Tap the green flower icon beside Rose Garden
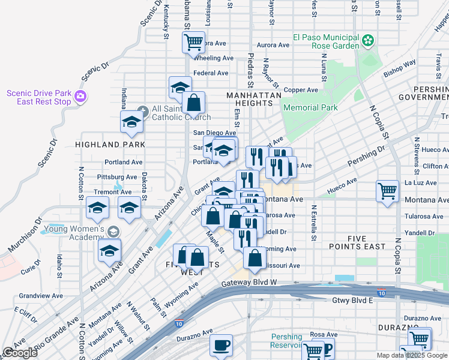tap(368, 41)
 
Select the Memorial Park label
tap(310, 107)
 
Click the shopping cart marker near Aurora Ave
tap(194, 43)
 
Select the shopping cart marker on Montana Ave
tap(388, 191)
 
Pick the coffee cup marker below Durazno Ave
tap(221, 345)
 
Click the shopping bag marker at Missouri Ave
tap(255, 258)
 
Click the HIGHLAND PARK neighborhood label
tap(110, 145)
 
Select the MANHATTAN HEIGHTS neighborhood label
tap(253, 99)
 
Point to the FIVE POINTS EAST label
tap(357, 242)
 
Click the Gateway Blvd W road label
tap(249, 283)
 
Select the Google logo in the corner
tap(20, 352)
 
